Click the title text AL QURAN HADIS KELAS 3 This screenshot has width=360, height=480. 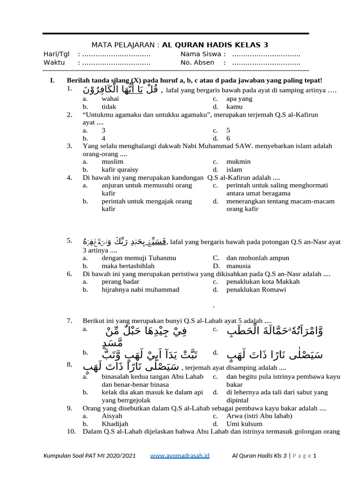[x=215, y=45]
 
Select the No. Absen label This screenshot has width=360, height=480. [x=197, y=62]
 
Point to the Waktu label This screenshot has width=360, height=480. [x=54, y=62]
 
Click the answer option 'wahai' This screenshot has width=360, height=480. [x=110, y=99]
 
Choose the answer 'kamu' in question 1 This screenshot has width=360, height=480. [x=234, y=107]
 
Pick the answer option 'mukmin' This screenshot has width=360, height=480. [x=238, y=162]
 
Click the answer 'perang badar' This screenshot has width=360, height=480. [x=120, y=282]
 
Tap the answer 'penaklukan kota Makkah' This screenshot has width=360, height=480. [x=262, y=282]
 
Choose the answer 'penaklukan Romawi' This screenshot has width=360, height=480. [x=256, y=290]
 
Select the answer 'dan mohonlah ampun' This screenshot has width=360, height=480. [x=257, y=258]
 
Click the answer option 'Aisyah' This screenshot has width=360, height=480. [x=112, y=416]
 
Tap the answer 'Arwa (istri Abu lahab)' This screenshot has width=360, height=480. [x=259, y=416]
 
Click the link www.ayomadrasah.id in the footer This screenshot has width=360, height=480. [x=180, y=456]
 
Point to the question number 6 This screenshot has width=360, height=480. [x=69, y=274]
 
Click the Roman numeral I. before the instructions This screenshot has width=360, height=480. [x=52, y=81]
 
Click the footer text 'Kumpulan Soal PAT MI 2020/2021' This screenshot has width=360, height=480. [x=90, y=456]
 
